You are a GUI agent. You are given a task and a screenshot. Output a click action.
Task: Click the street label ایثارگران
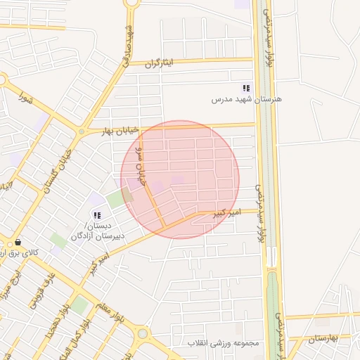pyautogui.click(x=162, y=63)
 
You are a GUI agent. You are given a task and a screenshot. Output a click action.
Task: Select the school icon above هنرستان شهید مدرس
pyautogui.click(x=246, y=88)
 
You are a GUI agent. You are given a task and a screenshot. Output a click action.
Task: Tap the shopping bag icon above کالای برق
pyautogui.click(x=18, y=242)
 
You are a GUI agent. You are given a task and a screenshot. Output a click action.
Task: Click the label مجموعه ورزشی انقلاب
pyautogui.click(x=224, y=343)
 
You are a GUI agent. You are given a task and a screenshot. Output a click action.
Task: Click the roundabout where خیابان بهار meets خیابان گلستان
pyautogui.click(x=82, y=131)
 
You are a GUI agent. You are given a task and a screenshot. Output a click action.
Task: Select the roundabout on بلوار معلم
pyautogui.click(x=143, y=333)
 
